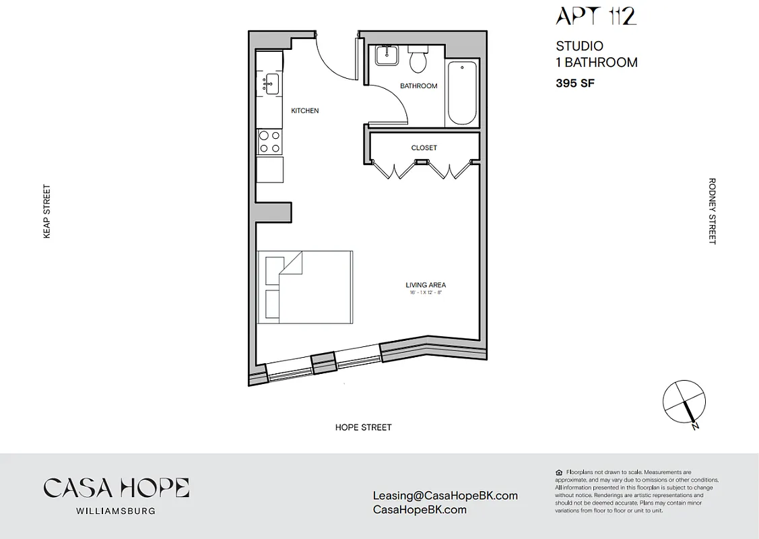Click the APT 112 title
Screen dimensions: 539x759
coord(595,16)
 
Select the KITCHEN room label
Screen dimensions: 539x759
coord(304,110)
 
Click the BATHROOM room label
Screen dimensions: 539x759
coord(418,86)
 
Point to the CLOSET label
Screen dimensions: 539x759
coord(424,148)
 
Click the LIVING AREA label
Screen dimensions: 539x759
coord(425,285)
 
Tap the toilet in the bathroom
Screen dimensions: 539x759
coord(418,60)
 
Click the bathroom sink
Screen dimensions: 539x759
coord(387,55)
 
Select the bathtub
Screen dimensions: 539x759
coord(462,92)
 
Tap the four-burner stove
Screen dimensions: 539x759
coord(269,142)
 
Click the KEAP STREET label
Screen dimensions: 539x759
coord(46,212)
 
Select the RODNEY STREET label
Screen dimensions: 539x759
coord(712,212)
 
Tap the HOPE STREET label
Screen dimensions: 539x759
coord(363,427)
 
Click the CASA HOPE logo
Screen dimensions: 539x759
coord(116,488)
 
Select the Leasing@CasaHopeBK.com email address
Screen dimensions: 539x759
coord(445,495)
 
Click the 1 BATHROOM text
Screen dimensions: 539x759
coord(596,63)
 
